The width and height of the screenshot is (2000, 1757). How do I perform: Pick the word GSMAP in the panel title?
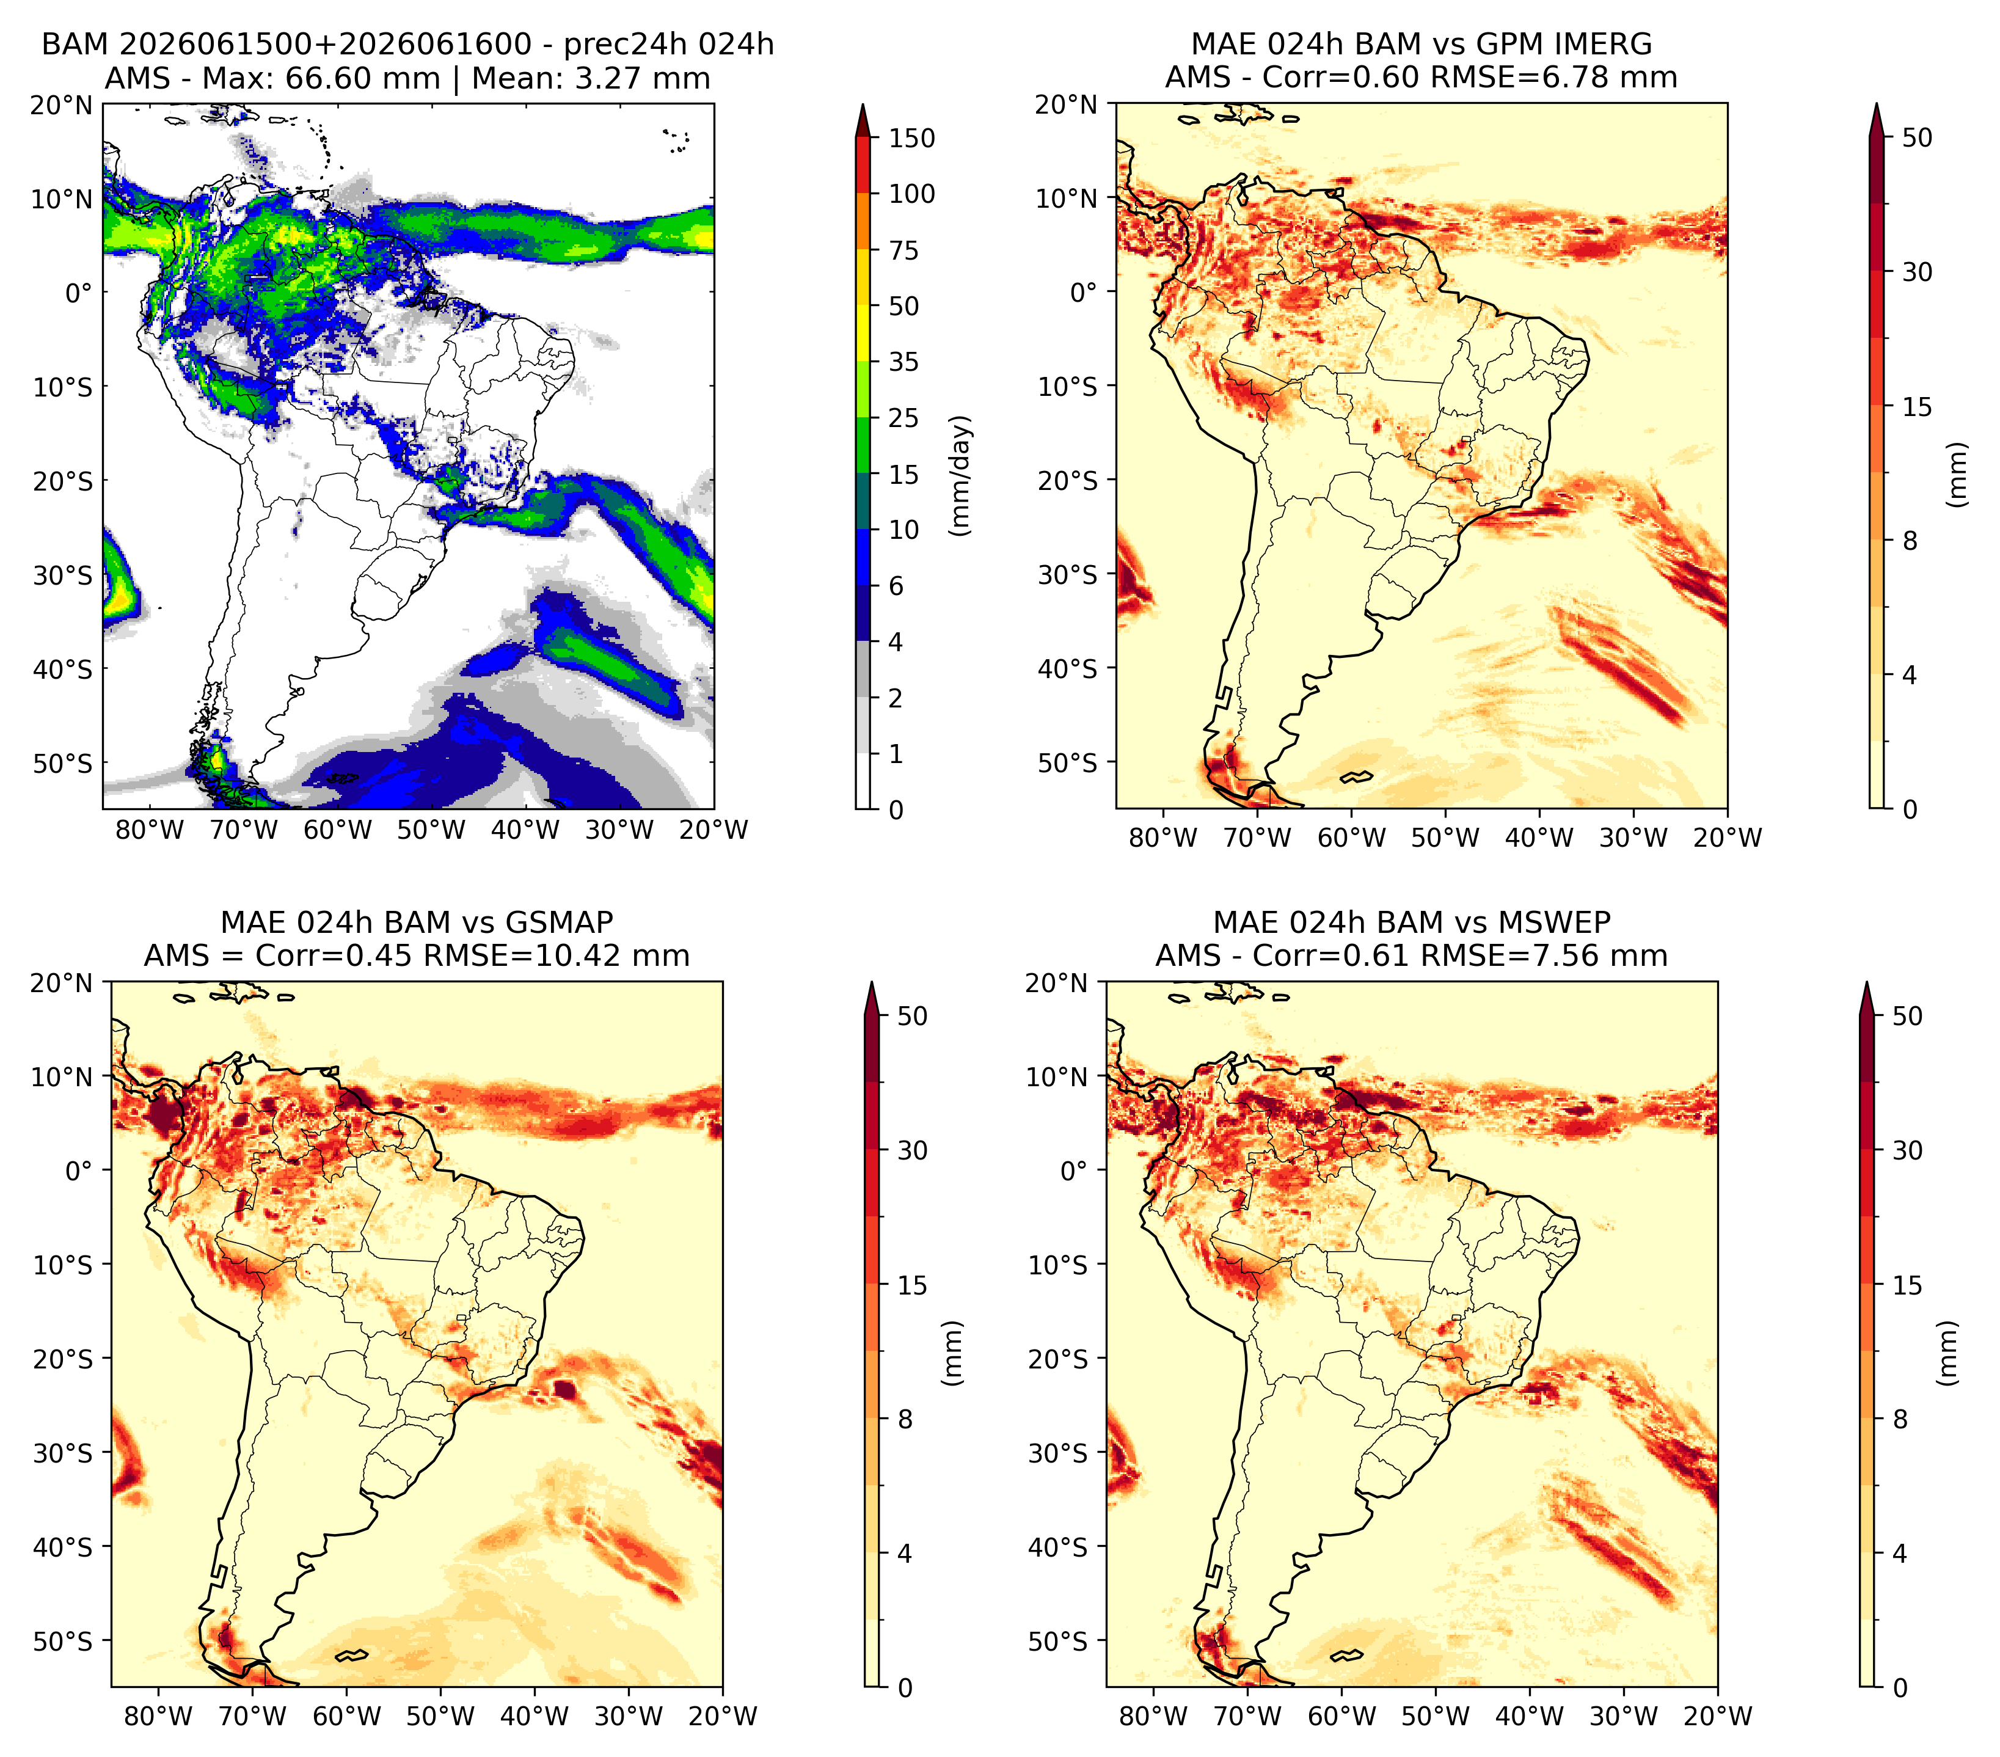coord(559,922)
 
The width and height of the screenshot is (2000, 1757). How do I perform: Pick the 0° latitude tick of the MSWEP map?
coord(1075,1170)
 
